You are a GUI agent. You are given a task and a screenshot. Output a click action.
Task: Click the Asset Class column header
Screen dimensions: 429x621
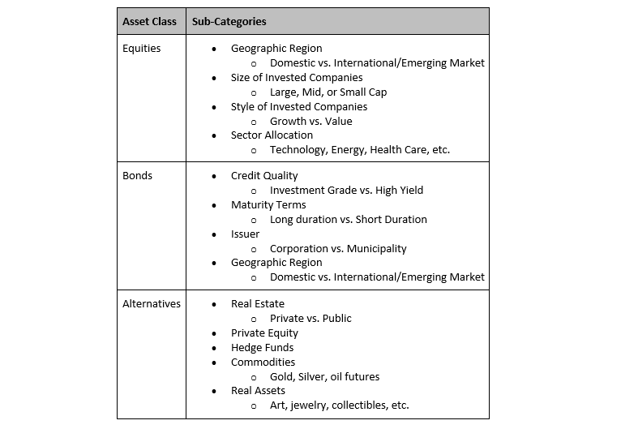point(151,21)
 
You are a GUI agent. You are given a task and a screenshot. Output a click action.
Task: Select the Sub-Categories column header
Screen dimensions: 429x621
point(229,21)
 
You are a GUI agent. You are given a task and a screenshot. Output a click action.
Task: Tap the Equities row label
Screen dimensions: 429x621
point(141,49)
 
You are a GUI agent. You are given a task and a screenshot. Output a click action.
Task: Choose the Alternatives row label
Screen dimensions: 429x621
point(151,304)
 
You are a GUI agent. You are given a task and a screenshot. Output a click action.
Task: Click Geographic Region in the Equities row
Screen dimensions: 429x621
point(276,49)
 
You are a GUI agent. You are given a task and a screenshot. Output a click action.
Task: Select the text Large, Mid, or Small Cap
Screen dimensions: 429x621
point(328,92)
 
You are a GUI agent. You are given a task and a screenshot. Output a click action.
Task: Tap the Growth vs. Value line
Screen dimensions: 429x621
point(310,122)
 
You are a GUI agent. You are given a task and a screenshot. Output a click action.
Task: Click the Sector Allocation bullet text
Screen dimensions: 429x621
point(272,135)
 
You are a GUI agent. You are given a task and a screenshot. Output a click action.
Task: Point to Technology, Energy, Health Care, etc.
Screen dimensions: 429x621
point(359,150)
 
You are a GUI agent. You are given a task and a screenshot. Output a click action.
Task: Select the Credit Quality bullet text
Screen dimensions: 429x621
point(264,176)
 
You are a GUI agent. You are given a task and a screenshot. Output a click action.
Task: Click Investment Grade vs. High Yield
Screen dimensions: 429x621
point(346,191)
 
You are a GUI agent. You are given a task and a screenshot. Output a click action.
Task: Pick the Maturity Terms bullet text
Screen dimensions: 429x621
point(268,205)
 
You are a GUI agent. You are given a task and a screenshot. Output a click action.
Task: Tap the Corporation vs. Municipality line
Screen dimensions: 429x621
point(338,249)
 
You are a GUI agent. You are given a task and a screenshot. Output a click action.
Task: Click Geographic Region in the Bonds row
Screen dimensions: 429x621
point(276,263)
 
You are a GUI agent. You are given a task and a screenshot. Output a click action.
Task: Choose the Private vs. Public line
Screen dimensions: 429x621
point(310,319)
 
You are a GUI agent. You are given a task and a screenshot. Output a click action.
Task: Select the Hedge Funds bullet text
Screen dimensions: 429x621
point(262,348)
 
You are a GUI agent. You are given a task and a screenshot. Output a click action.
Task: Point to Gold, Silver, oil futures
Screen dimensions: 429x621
point(324,377)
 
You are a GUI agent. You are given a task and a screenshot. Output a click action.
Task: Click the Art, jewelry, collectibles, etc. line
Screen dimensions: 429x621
point(339,405)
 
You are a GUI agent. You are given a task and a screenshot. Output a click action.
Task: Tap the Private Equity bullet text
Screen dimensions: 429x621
point(264,333)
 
